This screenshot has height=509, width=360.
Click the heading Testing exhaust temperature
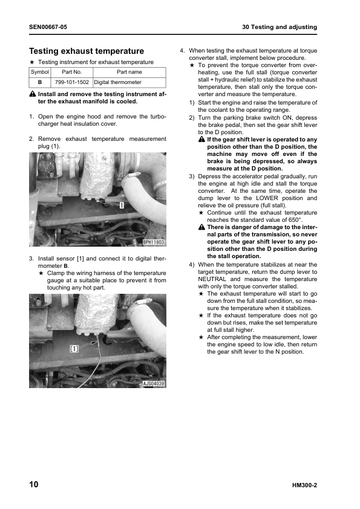coord(87,51)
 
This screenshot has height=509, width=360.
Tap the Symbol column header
coord(39,72)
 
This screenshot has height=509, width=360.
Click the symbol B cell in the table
coord(39,82)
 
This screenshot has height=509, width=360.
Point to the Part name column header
coord(129,72)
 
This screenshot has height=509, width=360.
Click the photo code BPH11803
coord(154,242)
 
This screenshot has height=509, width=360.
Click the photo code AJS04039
coord(154,383)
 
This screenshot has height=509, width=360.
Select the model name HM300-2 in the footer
coord(304,485)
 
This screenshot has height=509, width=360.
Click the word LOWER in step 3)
coord(271,198)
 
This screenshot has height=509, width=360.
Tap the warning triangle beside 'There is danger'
coord(201,227)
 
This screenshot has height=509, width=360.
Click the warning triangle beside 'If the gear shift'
coord(201,140)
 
